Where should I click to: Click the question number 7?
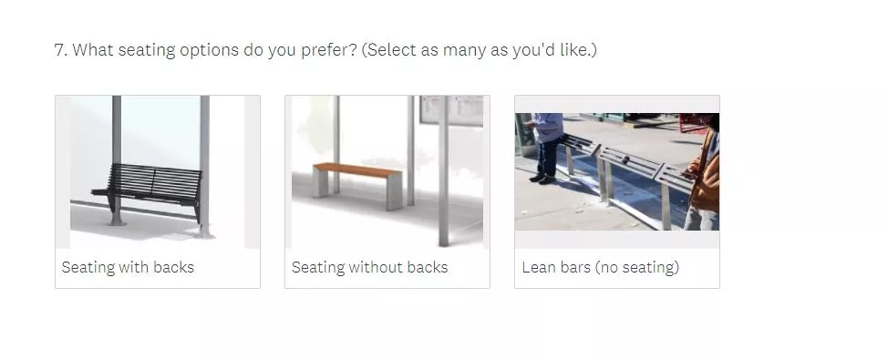tap(60, 50)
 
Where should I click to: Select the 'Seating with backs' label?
tap(128, 267)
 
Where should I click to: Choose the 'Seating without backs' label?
tap(369, 267)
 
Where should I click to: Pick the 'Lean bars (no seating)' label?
tap(600, 267)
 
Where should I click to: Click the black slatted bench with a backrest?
tap(149, 187)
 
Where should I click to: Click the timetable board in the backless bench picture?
tap(451, 110)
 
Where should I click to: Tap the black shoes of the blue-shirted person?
tap(542, 179)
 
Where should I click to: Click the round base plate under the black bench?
tap(116, 222)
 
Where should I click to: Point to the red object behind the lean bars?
tap(692, 123)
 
